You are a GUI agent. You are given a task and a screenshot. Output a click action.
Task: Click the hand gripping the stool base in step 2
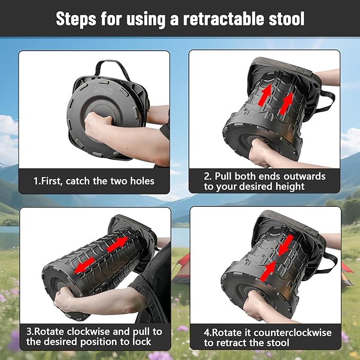[263, 154]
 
